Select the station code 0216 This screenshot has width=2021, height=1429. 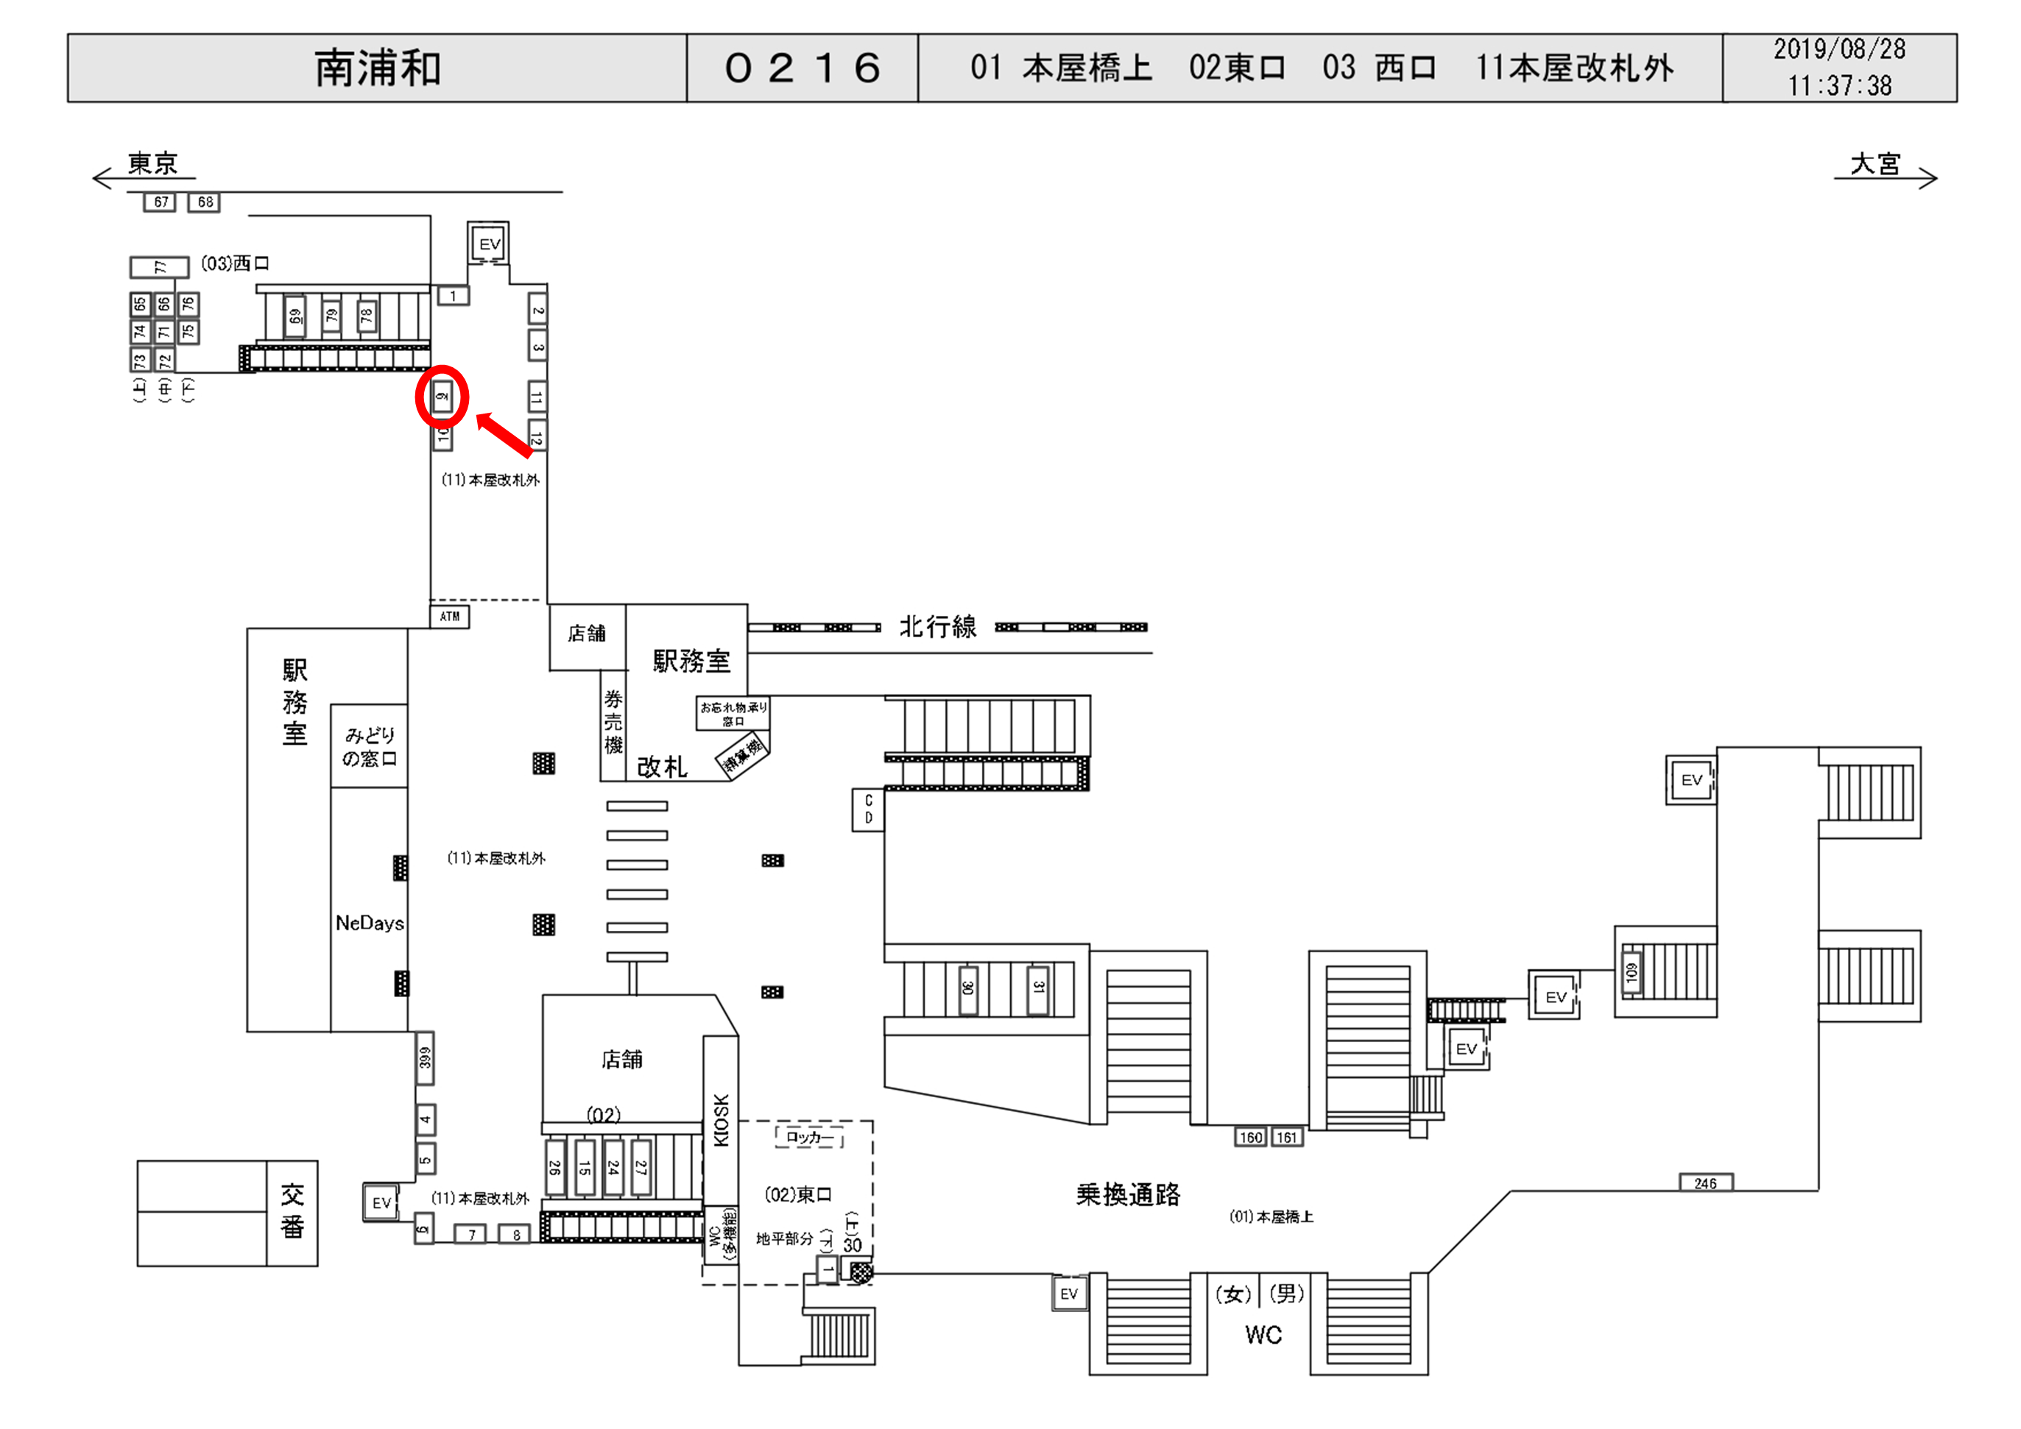[802, 68]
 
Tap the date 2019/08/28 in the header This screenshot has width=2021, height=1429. [1839, 49]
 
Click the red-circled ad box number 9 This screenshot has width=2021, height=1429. [442, 397]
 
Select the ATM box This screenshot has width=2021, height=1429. [449, 617]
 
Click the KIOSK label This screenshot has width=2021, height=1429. [721, 1120]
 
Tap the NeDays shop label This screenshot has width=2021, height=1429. [370, 923]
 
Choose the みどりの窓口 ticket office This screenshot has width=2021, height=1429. [370, 746]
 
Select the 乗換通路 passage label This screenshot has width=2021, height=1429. [1128, 1194]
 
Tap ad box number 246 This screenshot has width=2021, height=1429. [1705, 1183]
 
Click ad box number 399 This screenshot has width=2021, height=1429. [425, 1057]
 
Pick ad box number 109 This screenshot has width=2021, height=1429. [1631, 972]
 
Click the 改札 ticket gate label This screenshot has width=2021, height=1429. [662, 767]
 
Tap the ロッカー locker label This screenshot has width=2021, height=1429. [809, 1137]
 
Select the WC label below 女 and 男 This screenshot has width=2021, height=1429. [1263, 1335]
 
